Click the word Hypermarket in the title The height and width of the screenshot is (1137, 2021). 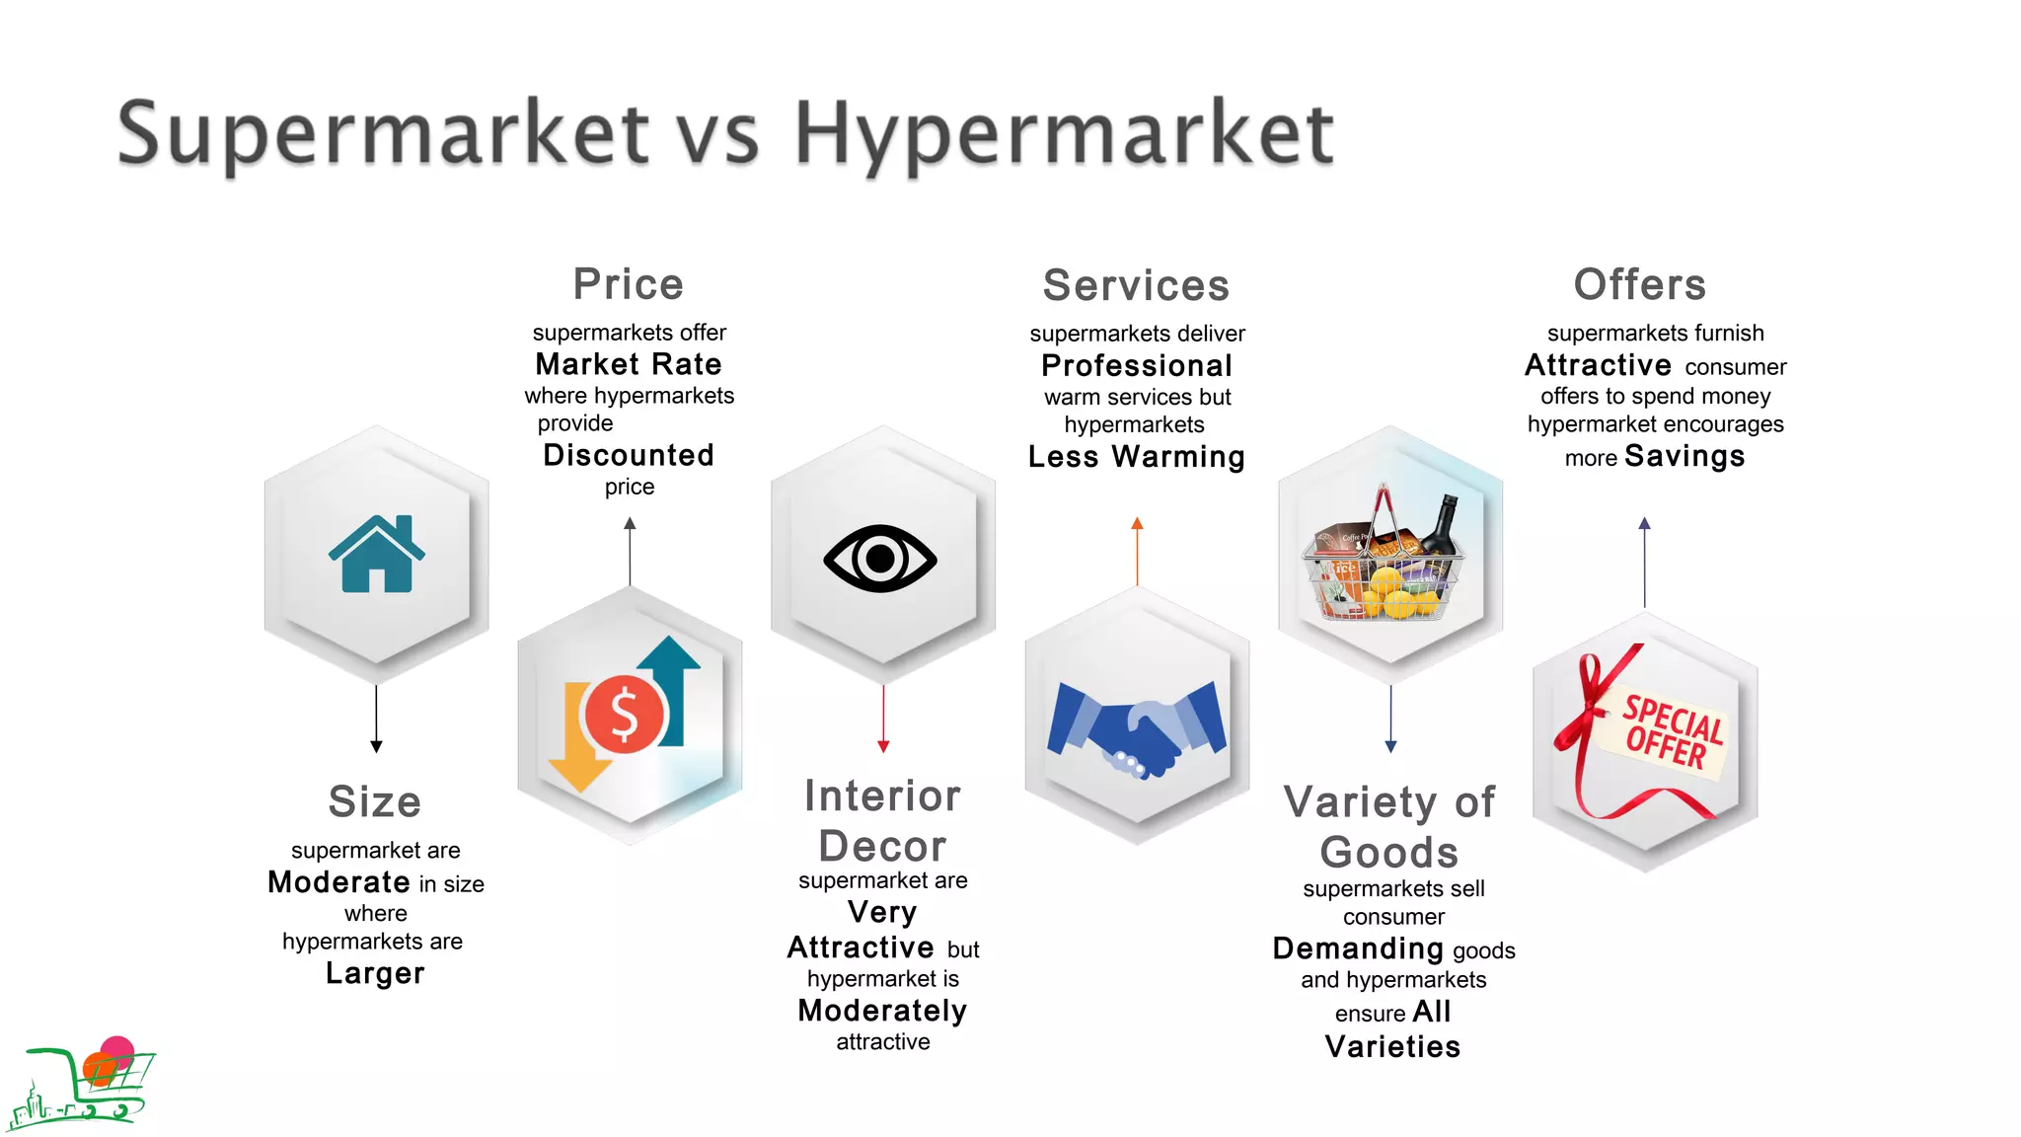1064,134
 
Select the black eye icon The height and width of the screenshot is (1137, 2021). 880,559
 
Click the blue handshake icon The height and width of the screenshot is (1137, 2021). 1137,728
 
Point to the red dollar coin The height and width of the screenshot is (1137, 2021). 624,713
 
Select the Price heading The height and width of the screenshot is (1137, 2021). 629,284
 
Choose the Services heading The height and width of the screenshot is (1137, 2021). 1136,285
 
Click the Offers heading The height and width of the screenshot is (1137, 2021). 1639,284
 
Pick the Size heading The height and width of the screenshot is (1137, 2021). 375,801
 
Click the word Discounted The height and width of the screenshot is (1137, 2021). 629,455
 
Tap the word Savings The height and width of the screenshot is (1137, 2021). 1684,456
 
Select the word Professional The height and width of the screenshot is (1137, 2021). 1137,365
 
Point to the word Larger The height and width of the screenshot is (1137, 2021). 375,973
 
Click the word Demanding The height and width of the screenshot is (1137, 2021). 1358,948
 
